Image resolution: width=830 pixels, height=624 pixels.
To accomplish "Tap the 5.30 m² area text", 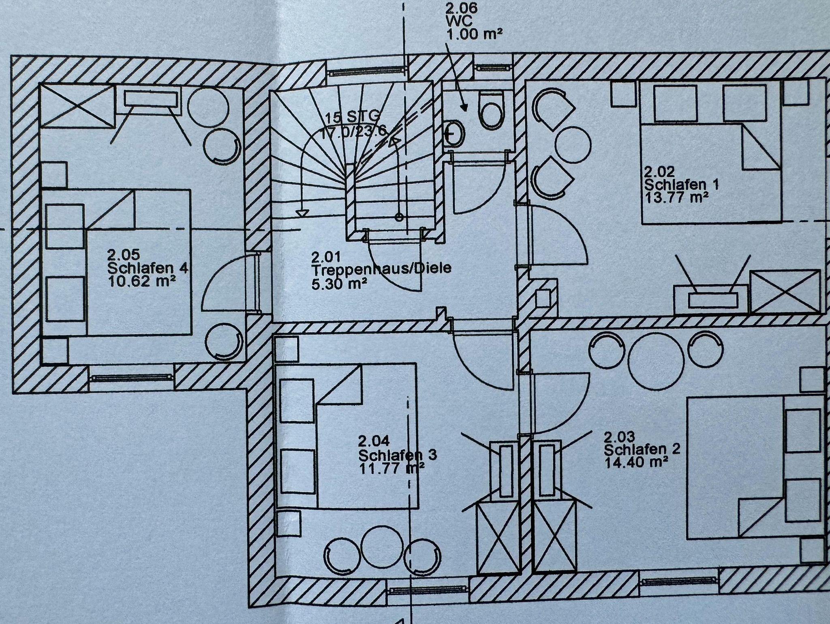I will pyautogui.click(x=339, y=283).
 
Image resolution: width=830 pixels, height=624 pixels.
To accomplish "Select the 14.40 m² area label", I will pyautogui.click(x=636, y=462).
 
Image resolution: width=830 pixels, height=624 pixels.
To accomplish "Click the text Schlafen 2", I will pyautogui.click(x=642, y=450).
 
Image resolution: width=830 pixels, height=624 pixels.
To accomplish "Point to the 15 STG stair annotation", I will pyautogui.click(x=352, y=118).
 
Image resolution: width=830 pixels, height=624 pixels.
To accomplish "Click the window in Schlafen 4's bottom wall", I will pyautogui.click(x=132, y=377).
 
